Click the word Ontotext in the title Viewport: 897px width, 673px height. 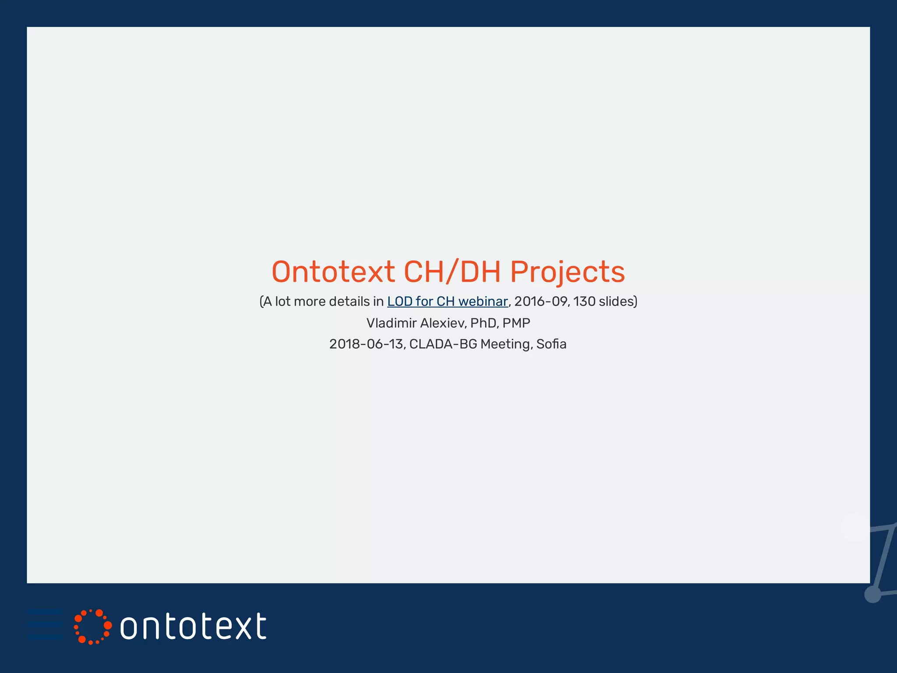[333, 272]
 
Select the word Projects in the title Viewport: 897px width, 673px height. [567, 273]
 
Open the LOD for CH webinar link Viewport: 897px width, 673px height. [447, 301]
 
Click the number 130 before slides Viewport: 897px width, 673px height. [584, 301]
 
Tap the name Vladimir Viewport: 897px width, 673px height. [391, 323]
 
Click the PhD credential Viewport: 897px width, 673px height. [484, 323]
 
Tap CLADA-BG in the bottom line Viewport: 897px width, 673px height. [443, 344]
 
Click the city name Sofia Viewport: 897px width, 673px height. [551, 344]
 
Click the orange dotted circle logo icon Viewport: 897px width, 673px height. [92, 627]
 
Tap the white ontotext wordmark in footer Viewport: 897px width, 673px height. [193, 627]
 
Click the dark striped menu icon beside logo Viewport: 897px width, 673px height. [45, 624]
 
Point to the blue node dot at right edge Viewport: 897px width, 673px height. [872, 595]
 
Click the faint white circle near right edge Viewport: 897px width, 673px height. [855, 527]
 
